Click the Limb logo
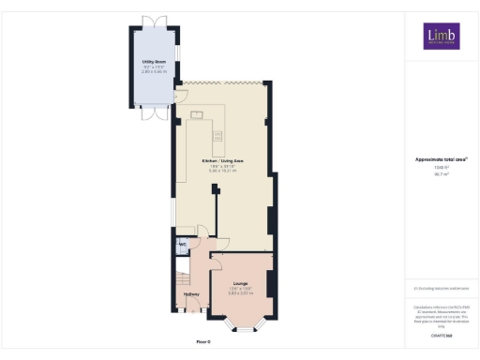441,36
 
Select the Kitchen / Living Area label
222,161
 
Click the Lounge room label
241,282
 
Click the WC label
183,245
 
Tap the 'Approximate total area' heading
441,159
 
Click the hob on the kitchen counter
198,115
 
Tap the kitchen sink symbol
220,142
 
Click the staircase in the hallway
182,277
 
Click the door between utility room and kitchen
176,97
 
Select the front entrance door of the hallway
191,317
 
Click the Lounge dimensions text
241,292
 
